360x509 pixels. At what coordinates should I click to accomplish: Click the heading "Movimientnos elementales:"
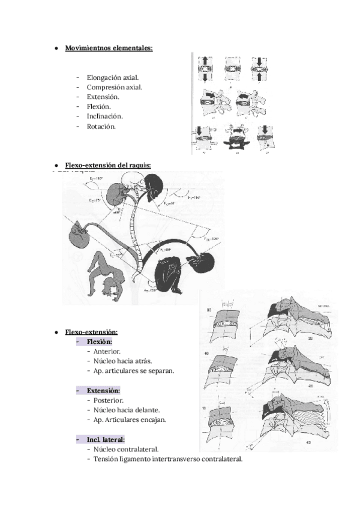click(109, 47)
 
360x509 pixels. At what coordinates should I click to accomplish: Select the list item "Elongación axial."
click(113, 77)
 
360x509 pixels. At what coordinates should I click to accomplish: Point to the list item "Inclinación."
click(104, 116)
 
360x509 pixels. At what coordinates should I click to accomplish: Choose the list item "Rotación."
click(101, 127)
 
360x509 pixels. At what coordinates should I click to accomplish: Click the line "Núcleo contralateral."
click(126, 449)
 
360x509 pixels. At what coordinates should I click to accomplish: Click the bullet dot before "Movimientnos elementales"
click(56, 47)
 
